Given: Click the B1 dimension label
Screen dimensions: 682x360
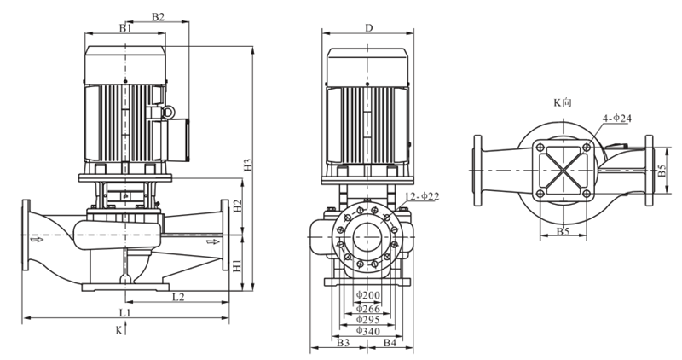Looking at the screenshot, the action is click(x=125, y=28).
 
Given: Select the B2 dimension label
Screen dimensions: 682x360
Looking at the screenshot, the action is click(x=159, y=17).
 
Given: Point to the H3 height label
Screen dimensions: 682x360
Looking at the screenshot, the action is click(x=248, y=165).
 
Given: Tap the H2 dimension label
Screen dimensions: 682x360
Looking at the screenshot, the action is click(x=237, y=206).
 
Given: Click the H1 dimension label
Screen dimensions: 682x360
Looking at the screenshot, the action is click(x=237, y=265).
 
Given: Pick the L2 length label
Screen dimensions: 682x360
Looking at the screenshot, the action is click(x=178, y=297).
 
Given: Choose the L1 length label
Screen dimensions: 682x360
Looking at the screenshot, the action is click(x=125, y=312).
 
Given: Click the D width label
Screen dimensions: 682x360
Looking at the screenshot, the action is click(x=369, y=28).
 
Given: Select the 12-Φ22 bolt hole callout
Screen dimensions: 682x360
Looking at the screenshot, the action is click(x=422, y=197).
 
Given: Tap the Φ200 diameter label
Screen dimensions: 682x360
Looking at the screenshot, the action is click(x=368, y=295).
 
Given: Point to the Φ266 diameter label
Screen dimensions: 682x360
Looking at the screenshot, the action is click(x=368, y=309).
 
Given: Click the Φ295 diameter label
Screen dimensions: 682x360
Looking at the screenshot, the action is click(x=368, y=320).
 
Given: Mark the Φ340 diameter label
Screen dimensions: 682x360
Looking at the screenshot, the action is click(x=368, y=331).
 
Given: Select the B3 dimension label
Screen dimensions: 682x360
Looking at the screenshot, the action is click(x=344, y=343).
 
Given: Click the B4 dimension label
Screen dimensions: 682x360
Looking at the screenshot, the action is click(x=390, y=343).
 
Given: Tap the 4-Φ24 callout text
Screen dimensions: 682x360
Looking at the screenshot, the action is click(x=616, y=119).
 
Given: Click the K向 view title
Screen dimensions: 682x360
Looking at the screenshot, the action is click(x=562, y=102).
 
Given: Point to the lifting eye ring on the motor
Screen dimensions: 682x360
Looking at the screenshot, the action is click(x=167, y=113).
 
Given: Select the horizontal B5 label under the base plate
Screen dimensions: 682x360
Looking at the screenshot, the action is click(x=563, y=231).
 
